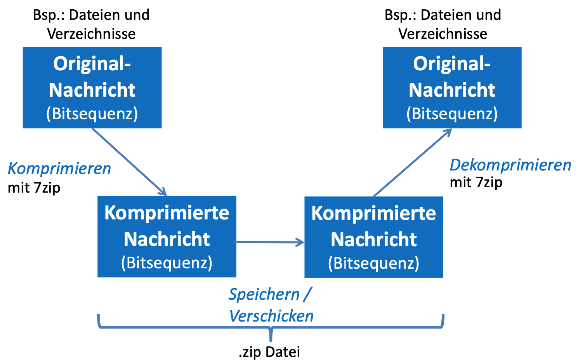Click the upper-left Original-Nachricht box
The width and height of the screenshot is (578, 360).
click(x=92, y=88)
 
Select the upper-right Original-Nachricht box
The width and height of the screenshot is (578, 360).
click(x=452, y=88)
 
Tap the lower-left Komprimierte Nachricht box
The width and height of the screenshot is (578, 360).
click(x=167, y=237)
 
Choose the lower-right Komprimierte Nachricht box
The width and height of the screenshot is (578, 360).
click(x=373, y=237)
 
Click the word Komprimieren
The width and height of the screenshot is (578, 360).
click(x=59, y=169)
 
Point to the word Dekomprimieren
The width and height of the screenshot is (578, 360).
click(x=510, y=165)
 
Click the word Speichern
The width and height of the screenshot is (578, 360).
click(x=264, y=294)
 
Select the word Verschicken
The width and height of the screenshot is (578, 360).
click(x=271, y=316)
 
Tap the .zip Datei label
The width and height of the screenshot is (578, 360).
click(x=269, y=352)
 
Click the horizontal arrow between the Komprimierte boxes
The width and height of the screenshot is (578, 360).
click(x=270, y=242)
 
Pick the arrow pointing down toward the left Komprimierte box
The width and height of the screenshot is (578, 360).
click(x=129, y=162)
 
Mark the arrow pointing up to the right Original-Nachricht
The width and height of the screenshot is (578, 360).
click(x=412, y=162)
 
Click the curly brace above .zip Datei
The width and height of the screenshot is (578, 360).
click(x=270, y=327)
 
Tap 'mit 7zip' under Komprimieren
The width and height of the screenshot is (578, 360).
click(x=34, y=188)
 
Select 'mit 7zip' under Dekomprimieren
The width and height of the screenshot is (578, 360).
click(x=476, y=183)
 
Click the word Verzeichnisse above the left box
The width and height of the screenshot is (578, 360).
click(x=91, y=34)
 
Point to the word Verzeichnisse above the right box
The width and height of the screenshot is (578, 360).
click(x=443, y=34)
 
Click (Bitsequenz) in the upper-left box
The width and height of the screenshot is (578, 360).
click(x=92, y=114)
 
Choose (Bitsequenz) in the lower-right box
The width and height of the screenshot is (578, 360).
click(x=373, y=263)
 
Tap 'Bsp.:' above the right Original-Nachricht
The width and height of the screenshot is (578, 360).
click(x=400, y=15)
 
